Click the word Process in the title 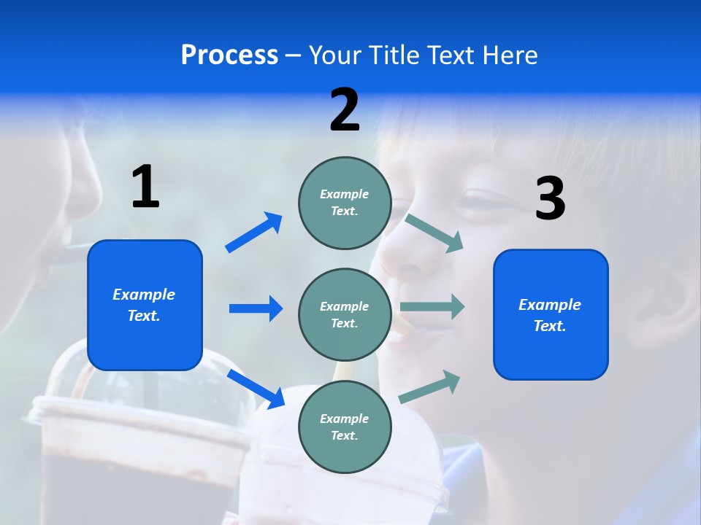tap(229, 55)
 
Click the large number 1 tap(145, 187)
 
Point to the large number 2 tap(345, 110)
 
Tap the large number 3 tap(550, 198)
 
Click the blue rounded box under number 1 tap(145, 305)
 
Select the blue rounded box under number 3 tap(551, 315)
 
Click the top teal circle tap(345, 202)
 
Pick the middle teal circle tap(345, 314)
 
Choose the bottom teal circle tap(345, 427)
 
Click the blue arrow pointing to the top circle tap(254, 233)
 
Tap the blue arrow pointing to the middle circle tap(256, 308)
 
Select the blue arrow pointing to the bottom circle tap(256, 389)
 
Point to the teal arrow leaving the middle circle tap(432, 307)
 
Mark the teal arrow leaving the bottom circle tap(430, 387)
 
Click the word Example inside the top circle tap(345, 194)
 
